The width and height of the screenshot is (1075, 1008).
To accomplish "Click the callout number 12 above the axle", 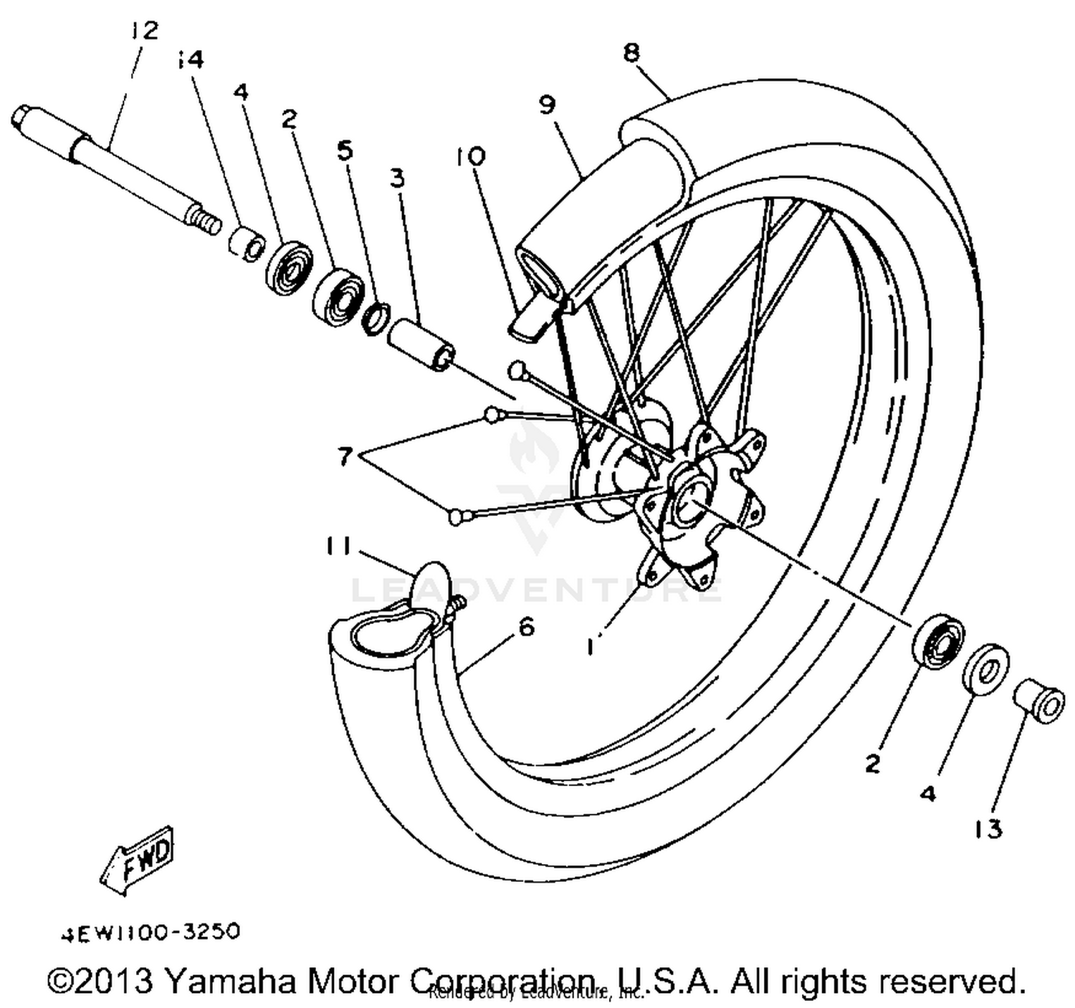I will point(144,30).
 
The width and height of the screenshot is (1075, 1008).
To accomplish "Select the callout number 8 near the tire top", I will point(631,52).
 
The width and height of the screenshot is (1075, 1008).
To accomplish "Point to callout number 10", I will point(470,155).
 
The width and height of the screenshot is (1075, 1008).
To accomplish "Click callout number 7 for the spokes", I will point(345,456).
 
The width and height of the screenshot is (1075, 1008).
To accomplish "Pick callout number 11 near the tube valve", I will point(336,547).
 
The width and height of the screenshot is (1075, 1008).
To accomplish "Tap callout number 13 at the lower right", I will point(988,830).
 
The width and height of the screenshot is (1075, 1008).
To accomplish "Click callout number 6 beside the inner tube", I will point(526,628).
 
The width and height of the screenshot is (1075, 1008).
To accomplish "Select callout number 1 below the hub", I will point(591,647).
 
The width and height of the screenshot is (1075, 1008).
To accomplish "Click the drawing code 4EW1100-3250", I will point(149,932).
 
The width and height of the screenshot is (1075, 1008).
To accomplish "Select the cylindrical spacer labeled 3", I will point(421,344).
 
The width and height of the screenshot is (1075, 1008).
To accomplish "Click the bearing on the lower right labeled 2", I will point(937,640).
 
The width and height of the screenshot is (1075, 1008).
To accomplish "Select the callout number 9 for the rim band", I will point(547,105).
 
